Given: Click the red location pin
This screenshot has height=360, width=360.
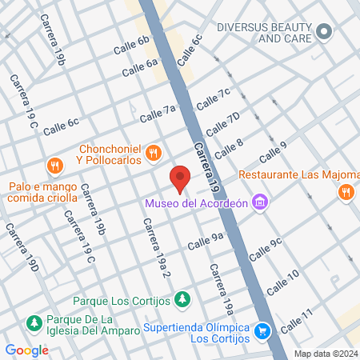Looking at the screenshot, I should click(x=180, y=178).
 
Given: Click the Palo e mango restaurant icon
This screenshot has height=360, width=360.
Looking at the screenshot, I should click(x=54, y=166).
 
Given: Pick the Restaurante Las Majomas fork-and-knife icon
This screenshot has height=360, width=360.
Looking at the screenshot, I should click(x=346, y=191).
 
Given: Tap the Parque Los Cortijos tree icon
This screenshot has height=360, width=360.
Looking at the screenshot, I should click(x=182, y=300).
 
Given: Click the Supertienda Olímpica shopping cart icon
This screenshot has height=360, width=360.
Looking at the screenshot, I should click(x=262, y=330).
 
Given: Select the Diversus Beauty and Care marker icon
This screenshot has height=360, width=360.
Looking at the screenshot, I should click(x=323, y=32).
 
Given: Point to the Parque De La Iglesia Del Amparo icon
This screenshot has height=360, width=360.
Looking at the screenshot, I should click(x=34, y=323).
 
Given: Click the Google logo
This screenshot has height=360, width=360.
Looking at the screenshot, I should click(x=26, y=350).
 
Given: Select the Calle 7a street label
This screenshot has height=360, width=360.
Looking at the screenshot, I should click(x=157, y=114).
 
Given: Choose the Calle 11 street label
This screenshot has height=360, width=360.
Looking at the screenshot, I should click(x=296, y=319).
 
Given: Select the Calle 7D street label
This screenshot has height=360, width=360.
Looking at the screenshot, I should click(x=222, y=124).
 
